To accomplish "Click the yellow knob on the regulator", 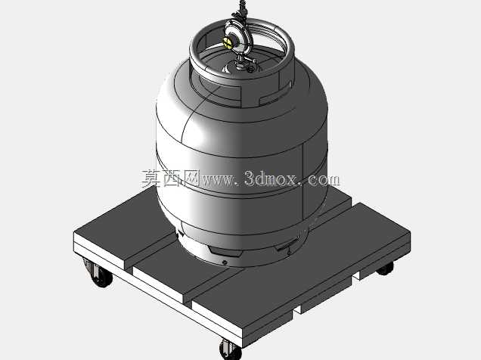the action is click(228, 42).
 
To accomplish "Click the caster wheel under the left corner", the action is click(101, 276).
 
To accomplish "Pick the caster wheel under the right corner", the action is click(385, 269).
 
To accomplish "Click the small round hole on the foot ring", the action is click(225, 262).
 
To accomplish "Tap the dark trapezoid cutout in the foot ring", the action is click(225, 252).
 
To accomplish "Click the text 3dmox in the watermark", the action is click(272, 178).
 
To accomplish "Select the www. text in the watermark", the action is click(219, 179).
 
